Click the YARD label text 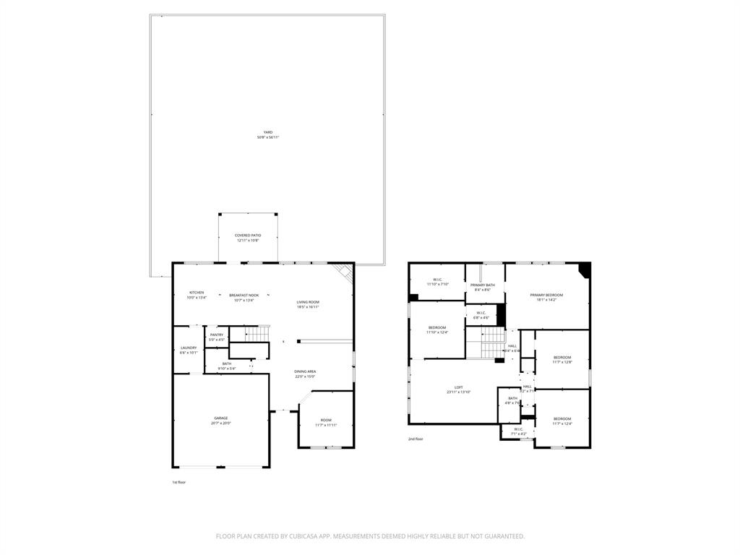pos(267,132)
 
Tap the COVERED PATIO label pos(248,235)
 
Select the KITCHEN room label pos(197,293)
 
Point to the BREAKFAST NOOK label pos(244,295)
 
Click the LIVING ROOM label pos(308,302)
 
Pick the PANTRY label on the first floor pos(217,335)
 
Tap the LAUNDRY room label pos(188,348)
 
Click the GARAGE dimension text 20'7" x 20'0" pos(221,423)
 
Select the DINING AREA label pos(305,371)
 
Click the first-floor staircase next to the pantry pos(254,334)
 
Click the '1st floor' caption pos(178,482)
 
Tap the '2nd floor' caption pos(416,439)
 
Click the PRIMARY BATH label pos(483,285)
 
